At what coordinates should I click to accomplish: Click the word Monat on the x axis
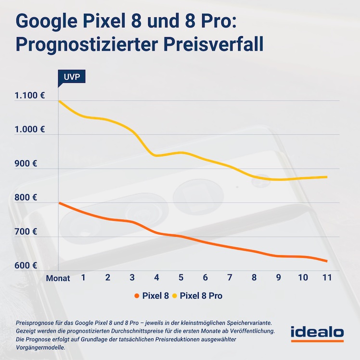(x=58, y=278)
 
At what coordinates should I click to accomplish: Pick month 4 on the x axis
(x=156, y=278)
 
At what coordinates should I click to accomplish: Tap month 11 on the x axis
(x=327, y=278)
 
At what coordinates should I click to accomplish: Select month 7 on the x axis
(x=230, y=278)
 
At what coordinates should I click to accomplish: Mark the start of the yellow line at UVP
(x=59, y=101)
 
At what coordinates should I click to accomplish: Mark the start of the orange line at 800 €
(x=59, y=203)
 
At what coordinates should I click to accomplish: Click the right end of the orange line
(x=327, y=261)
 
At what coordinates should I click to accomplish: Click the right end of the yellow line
(x=327, y=177)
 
